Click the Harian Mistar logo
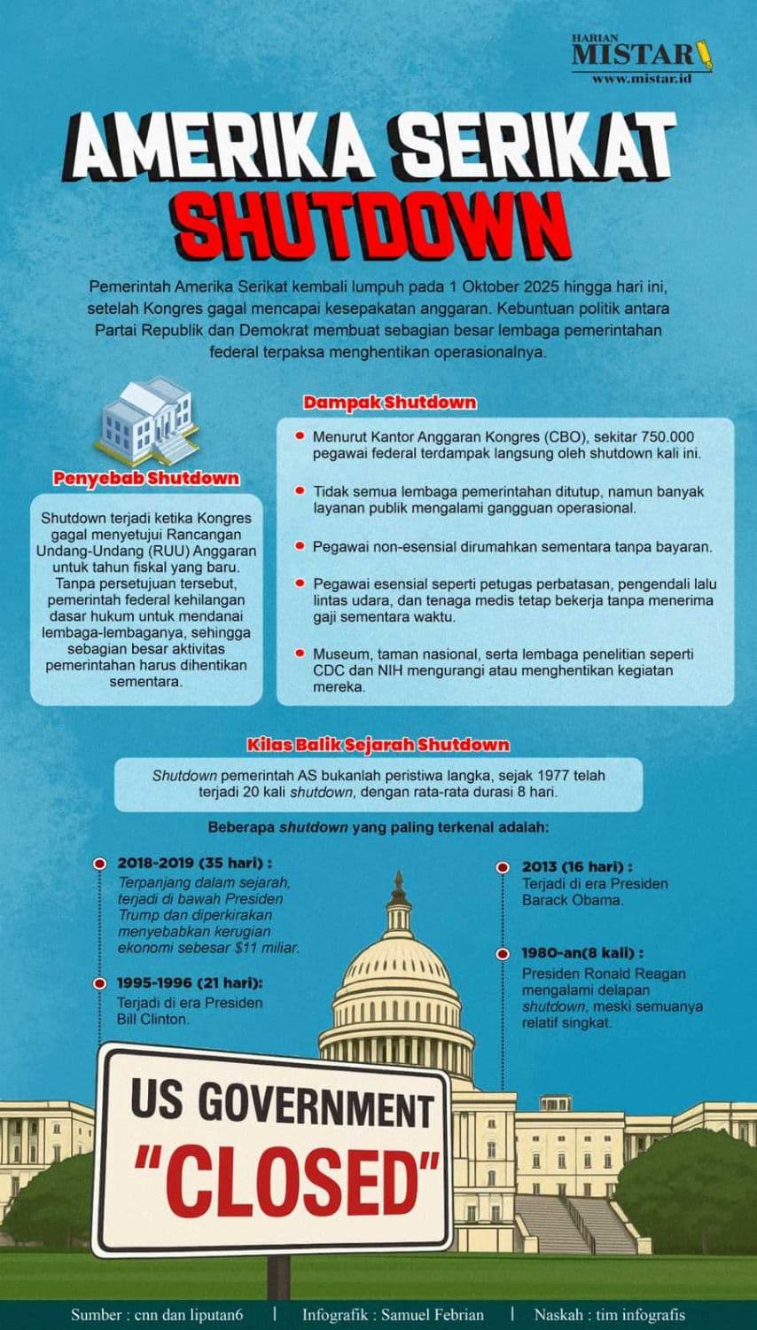coord(642,55)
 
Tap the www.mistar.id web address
coord(641,79)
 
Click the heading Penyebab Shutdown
coord(146,479)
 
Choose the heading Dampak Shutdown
coord(389,403)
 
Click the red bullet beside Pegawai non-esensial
coord(300,546)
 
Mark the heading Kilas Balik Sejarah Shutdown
coord(378,744)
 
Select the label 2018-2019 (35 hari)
coord(194,863)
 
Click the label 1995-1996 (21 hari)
coord(190,982)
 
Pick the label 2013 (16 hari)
coord(577,866)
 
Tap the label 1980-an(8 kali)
coord(582,953)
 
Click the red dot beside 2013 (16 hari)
coord(503,867)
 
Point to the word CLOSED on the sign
coord(287,1183)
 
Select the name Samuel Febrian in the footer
coord(432,1314)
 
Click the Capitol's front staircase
coord(567,1224)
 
